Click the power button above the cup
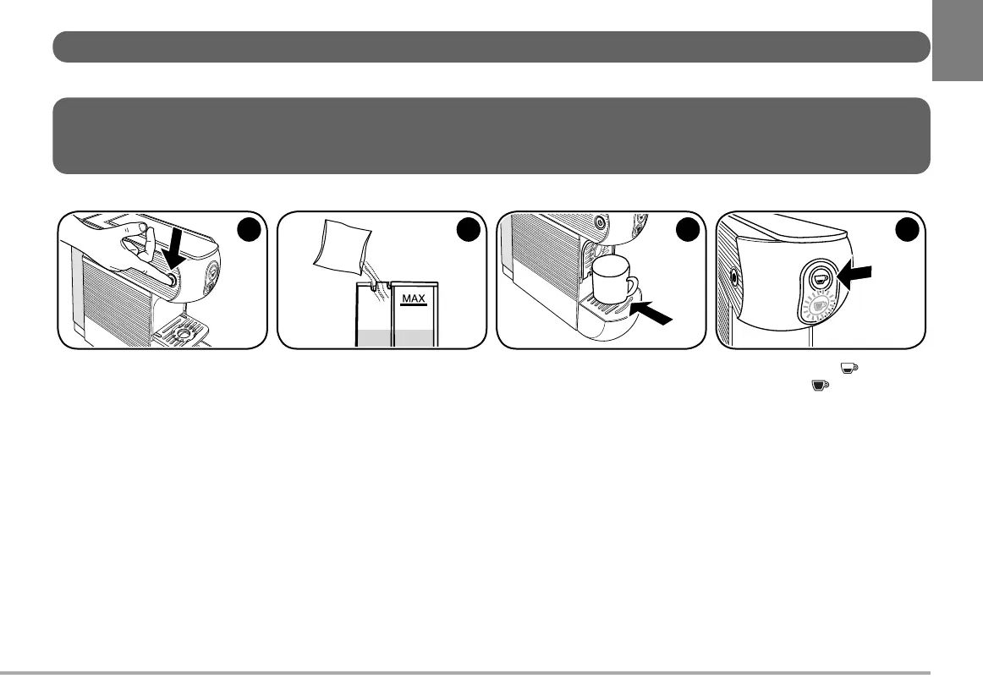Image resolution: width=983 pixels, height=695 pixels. pyautogui.click(x=600, y=224)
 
